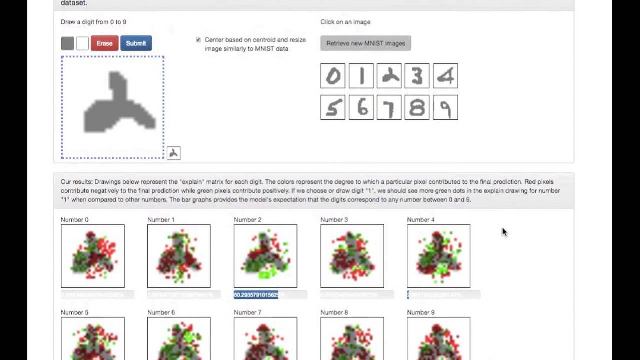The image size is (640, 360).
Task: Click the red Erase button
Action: [104, 43]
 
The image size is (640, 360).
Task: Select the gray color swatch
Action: [67, 43]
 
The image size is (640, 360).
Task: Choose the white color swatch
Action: [82, 43]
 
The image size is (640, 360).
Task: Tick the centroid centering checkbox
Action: [198, 40]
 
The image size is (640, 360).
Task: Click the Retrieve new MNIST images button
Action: [365, 43]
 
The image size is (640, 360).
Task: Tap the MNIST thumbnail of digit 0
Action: [333, 76]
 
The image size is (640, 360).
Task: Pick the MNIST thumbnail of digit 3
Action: [417, 76]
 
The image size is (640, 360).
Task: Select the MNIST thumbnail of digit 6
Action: [361, 107]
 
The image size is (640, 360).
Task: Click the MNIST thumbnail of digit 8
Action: [417, 107]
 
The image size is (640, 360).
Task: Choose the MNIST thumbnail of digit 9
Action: [445, 107]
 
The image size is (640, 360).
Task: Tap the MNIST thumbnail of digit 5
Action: [333, 107]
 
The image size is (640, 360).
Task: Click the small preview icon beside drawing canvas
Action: [173, 153]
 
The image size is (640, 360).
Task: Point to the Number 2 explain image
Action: [265, 256]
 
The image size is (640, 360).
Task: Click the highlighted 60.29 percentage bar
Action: [256, 295]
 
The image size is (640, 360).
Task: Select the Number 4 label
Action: [421, 220]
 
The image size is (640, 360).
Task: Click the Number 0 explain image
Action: [93, 256]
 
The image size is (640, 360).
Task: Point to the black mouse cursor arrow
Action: [504, 232]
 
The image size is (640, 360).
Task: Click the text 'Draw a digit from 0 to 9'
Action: [93, 22]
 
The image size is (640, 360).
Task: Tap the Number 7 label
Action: [247, 312]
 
